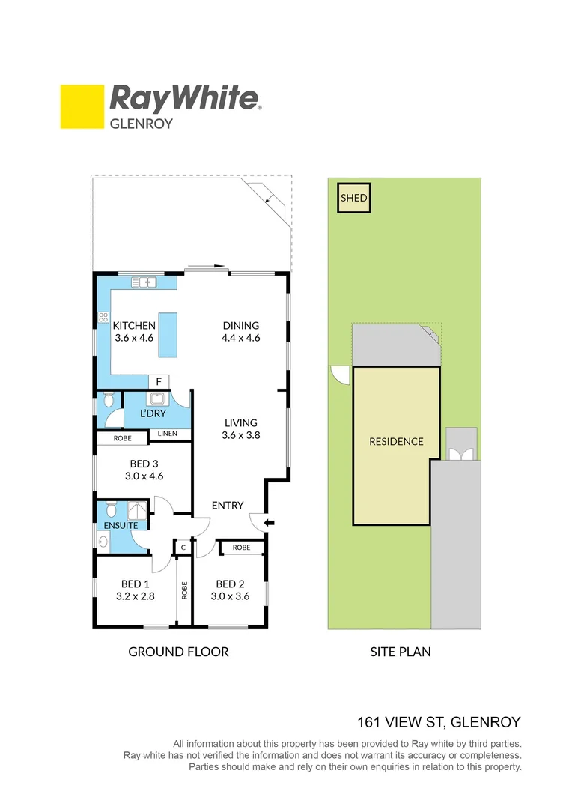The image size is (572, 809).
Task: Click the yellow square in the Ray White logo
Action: pos(82,107)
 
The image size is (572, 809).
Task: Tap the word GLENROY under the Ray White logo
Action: pos(142,124)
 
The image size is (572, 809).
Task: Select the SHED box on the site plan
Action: pos(354,199)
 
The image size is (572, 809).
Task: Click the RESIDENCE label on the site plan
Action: pos(396,442)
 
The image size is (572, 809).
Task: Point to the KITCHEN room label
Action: pos(134,326)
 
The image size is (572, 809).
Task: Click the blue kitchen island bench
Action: pos(168,334)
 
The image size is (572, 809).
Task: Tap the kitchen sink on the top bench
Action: pos(143,282)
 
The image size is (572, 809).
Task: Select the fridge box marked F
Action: pos(159,382)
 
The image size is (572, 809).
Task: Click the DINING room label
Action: pos(240,326)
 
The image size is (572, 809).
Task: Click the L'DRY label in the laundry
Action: pos(153,413)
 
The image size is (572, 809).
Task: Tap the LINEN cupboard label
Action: pos(168,434)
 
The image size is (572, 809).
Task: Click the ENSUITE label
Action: pos(121,525)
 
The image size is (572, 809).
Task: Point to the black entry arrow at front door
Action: pos(270,522)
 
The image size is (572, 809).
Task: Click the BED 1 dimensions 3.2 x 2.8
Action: pos(136,596)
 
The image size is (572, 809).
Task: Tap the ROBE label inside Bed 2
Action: pos(241,548)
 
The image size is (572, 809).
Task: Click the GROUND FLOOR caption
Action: pos(178,652)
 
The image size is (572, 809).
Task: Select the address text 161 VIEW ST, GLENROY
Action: pos(438,723)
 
